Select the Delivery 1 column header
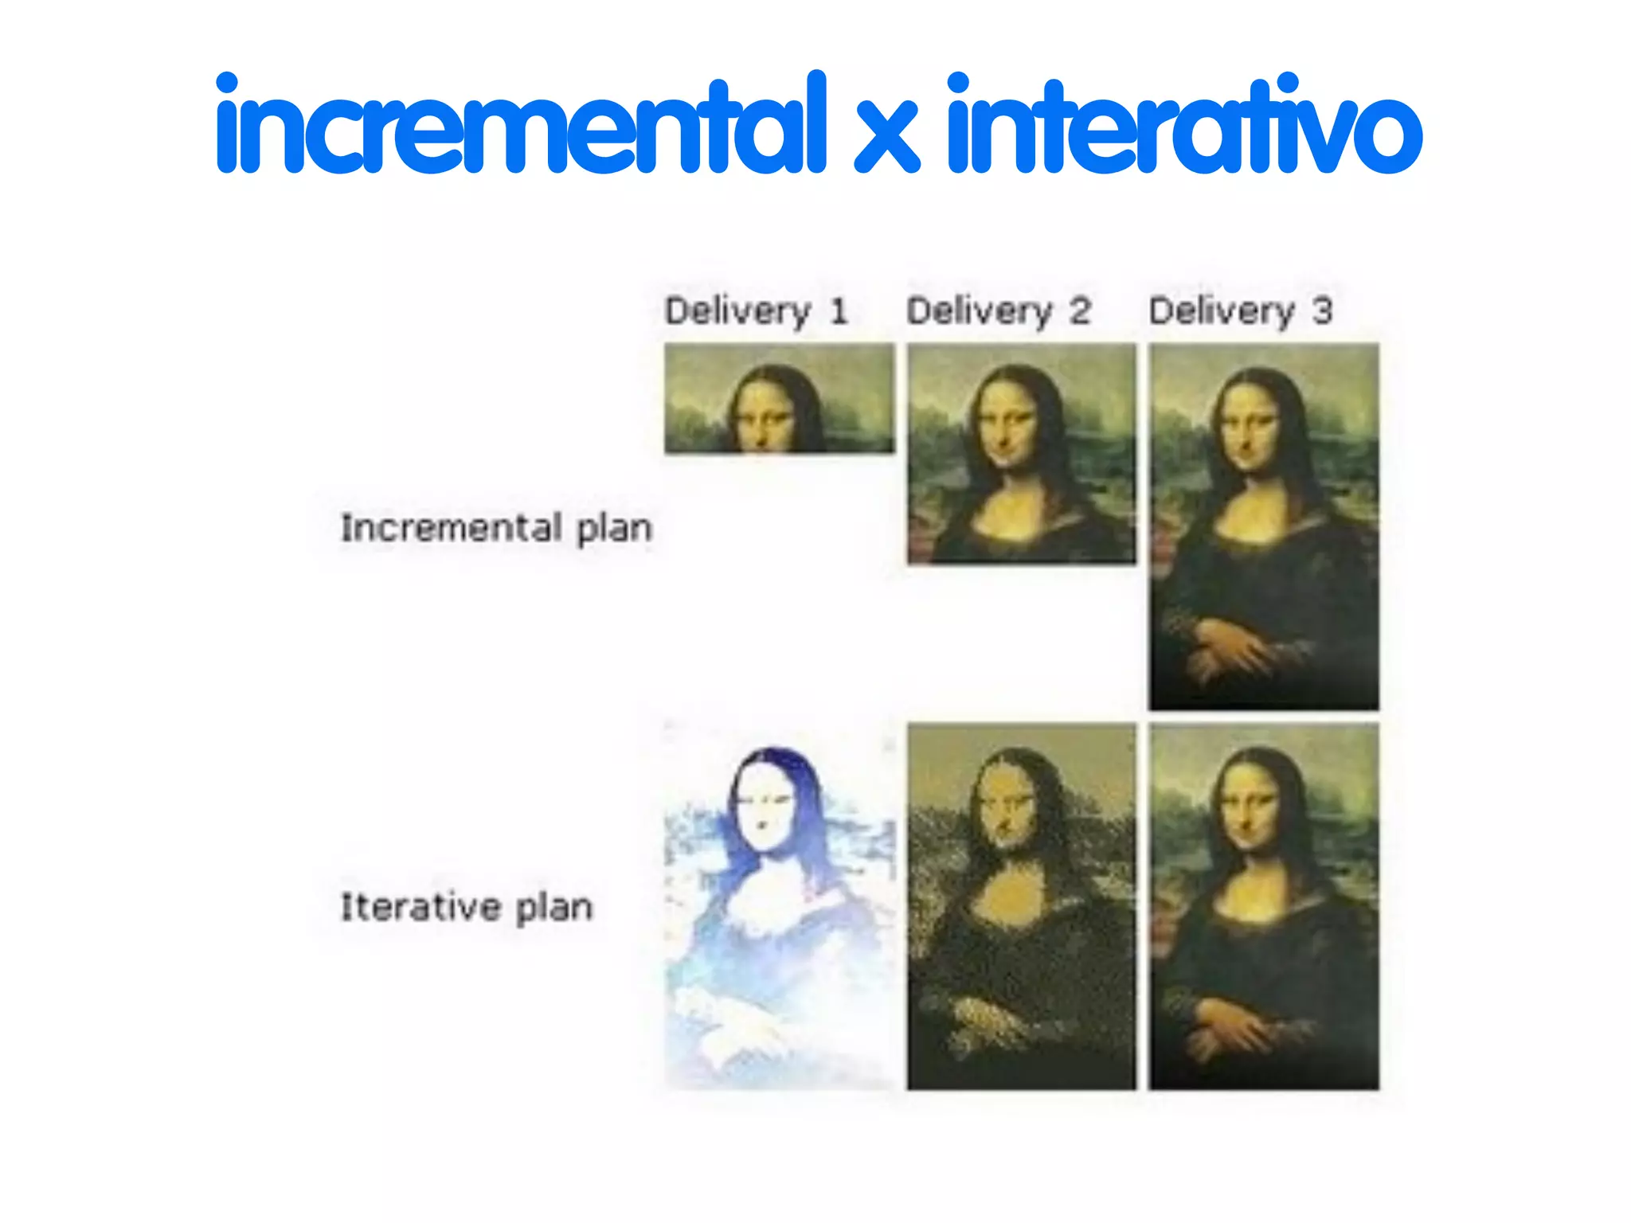[755, 311]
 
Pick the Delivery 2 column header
[998, 311]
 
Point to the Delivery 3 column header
[1240, 311]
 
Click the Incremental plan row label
[496, 528]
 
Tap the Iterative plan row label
[467, 907]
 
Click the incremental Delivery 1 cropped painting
[780, 398]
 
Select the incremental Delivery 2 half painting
[1022, 454]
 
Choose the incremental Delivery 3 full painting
[1264, 526]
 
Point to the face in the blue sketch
[763, 808]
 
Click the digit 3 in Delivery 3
[1322, 311]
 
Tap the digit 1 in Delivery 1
[838, 311]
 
